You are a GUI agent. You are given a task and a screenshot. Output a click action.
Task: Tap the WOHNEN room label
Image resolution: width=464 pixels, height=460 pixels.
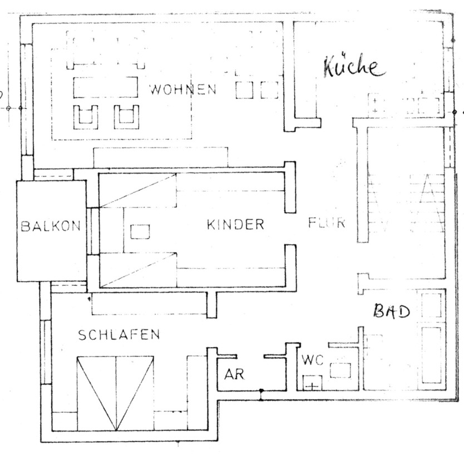[182, 90]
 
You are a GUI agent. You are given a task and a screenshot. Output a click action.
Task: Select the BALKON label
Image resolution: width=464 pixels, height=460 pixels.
[51, 226]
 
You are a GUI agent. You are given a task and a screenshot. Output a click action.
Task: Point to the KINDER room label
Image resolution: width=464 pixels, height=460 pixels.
[235, 225]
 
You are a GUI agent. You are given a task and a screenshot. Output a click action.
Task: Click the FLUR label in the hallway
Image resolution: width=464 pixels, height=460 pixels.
[327, 224]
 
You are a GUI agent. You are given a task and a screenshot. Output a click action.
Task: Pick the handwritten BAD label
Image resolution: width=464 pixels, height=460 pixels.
[391, 310]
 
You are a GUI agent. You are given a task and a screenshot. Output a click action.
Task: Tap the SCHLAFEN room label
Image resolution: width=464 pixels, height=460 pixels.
[119, 335]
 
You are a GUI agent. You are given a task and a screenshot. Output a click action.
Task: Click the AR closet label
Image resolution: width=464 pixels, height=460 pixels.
[234, 374]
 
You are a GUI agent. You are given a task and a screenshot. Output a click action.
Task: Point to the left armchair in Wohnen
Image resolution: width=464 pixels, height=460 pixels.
[86, 115]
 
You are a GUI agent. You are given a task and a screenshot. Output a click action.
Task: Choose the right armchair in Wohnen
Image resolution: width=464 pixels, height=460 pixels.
[126, 115]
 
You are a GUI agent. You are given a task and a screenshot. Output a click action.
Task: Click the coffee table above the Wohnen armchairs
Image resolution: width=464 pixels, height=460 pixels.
[105, 87]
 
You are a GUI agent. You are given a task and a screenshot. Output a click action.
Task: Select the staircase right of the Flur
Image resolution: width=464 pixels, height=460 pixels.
[406, 203]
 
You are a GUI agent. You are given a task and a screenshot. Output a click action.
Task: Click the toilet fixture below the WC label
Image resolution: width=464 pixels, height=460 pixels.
[313, 383]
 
